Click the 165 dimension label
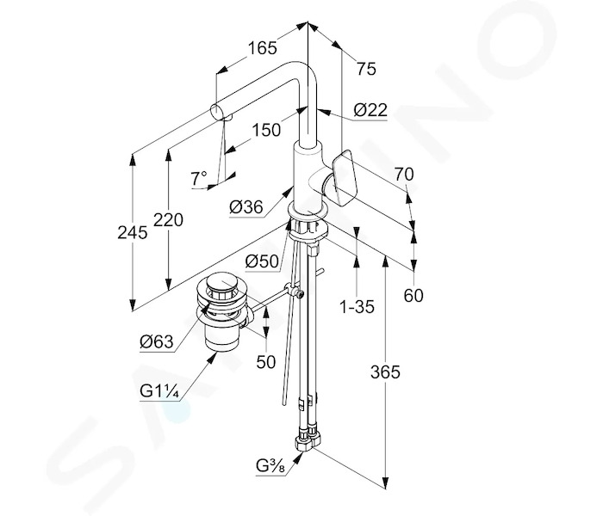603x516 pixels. tap(262, 48)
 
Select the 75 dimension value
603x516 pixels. tap(366, 69)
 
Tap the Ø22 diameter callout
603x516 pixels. tap(370, 111)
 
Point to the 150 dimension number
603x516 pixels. tap(266, 130)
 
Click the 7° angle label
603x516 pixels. tap(199, 179)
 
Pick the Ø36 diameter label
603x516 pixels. tap(246, 208)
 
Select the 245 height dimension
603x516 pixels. tap(133, 233)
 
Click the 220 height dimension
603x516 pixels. tap(169, 220)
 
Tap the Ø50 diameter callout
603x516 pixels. tap(262, 261)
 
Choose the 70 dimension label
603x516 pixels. tap(403, 175)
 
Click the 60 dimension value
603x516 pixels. tap(413, 296)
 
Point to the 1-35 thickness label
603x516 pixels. tap(357, 307)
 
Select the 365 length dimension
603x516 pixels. tap(385, 372)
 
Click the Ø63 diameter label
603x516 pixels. tap(157, 341)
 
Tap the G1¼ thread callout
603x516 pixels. tap(159, 391)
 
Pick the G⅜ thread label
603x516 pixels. tap(270, 466)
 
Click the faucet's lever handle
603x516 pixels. tap(345, 178)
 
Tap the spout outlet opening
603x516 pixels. tap(216, 112)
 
